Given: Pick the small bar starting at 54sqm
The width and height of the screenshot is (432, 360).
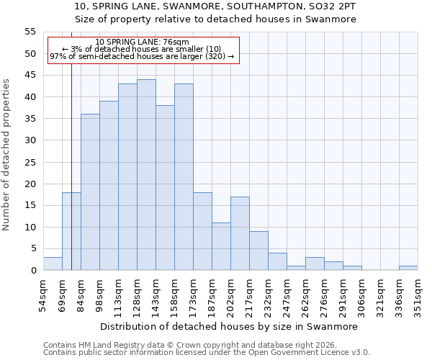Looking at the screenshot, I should (53, 264).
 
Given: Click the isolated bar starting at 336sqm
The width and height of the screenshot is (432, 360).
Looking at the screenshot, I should (408, 268).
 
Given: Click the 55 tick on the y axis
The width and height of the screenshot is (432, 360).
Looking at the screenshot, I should (30, 32).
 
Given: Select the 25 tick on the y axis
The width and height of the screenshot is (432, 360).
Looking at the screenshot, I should (30, 162).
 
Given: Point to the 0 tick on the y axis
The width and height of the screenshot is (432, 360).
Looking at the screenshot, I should (33, 271).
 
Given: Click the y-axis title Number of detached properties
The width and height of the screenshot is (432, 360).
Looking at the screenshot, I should (8, 154).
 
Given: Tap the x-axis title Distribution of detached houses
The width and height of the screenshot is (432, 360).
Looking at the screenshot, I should (229, 326).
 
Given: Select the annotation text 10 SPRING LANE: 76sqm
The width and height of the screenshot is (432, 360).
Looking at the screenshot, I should (142, 42).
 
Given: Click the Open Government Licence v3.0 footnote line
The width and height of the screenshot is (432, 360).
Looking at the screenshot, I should (207, 353).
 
